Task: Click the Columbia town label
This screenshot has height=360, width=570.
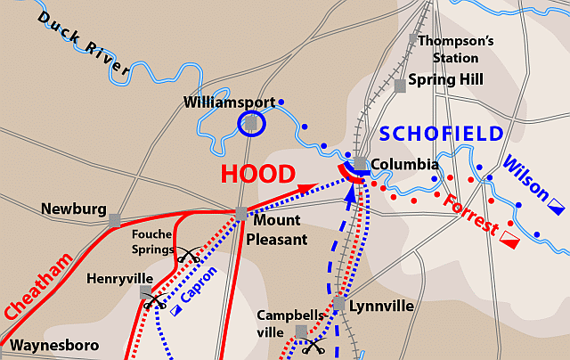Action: (404, 165)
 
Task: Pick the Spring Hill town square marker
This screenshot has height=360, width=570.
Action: (400, 85)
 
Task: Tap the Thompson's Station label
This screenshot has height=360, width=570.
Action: (454, 48)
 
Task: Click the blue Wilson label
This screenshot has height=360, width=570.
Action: (525, 177)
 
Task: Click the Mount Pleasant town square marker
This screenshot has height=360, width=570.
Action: (240, 214)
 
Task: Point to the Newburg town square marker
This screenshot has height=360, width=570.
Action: (114, 219)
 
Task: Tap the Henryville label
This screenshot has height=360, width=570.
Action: (114, 279)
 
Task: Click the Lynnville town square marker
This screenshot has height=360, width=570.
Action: (339, 305)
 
